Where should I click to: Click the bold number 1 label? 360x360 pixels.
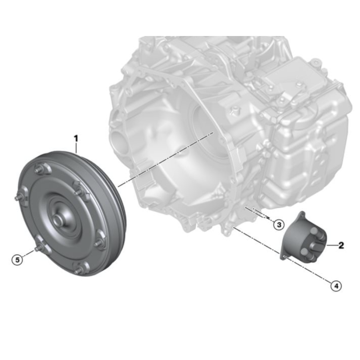76,139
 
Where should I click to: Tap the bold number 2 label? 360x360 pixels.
341,245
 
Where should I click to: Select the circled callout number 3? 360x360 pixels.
279,224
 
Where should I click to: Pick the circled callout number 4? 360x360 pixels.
336,286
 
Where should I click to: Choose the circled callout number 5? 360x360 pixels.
17,260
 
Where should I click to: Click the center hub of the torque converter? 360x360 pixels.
58,219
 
